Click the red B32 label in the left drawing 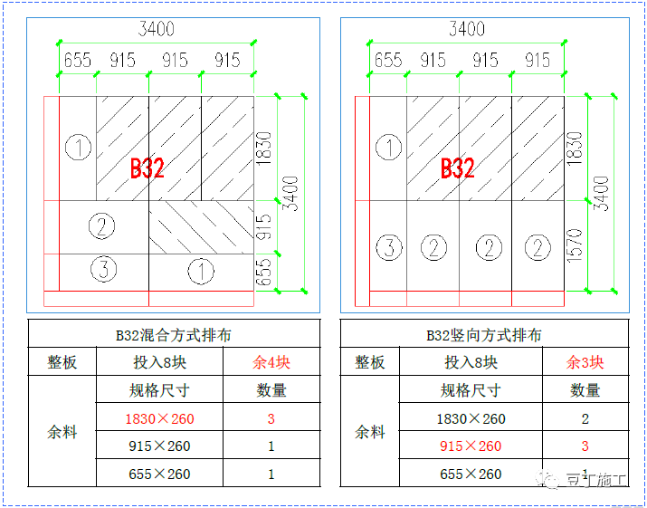click(x=146, y=168)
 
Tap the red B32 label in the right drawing click(x=457, y=168)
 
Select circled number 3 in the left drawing click(x=103, y=268)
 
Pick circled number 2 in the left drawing click(x=101, y=226)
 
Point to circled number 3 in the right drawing click(x=389, y=247)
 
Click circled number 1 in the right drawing click(x=388, y=148)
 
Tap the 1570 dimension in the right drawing click(x=575, y=245)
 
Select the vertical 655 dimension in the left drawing click(x=263, y=272)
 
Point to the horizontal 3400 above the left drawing click(x=155, y=29)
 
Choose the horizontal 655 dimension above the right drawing click(x=388, y=61)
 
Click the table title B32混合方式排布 click(x=174, y=335)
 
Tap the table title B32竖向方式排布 click(x=484, y=335)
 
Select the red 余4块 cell click(x=271, y=363)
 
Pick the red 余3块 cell click(x=585, y=363)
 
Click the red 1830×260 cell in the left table click(x=159, y=419)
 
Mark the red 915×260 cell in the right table click(x=471, y=446)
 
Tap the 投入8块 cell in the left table click(x=159, y=363)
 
